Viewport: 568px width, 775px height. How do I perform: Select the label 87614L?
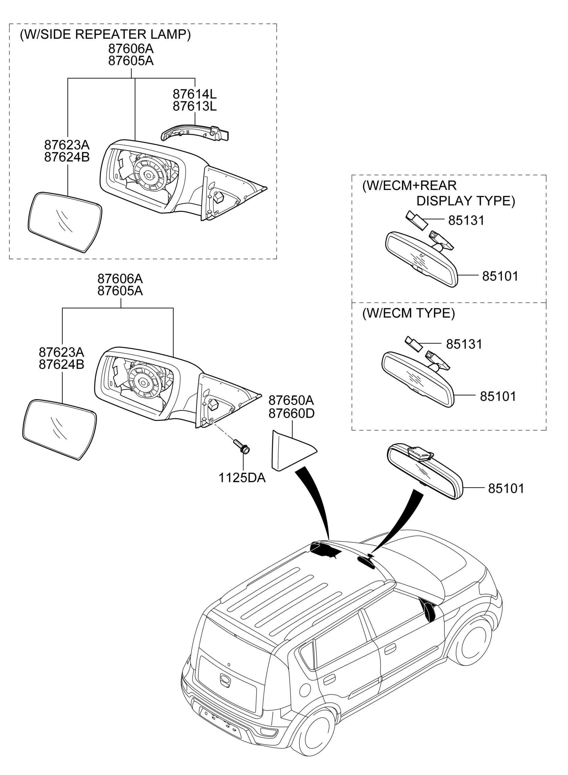pos(194,94)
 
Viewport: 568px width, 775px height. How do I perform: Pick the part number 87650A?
pos(291,401)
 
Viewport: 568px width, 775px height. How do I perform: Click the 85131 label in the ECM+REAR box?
pos(466,220)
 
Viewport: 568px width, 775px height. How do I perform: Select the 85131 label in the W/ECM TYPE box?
pos(464,344)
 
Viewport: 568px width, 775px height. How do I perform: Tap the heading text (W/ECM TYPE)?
pos(409,313)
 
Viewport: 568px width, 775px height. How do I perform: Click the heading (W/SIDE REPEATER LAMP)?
pos(105,35)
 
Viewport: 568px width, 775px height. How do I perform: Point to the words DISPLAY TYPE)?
pos(466,201)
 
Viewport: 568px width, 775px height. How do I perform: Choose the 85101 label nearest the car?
pos(506,488)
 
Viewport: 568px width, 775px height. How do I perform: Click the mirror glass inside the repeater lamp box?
pos(64,223)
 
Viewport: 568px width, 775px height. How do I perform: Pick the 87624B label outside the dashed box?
pos(61,365)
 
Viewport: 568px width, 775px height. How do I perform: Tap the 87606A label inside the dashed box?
pos(131,49)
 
